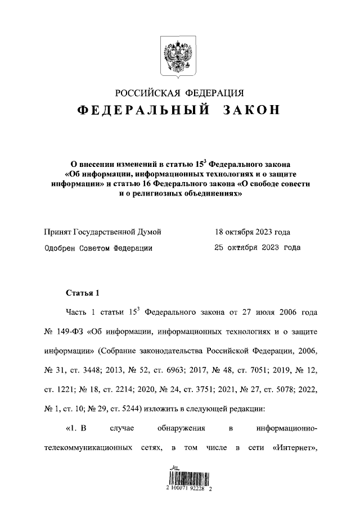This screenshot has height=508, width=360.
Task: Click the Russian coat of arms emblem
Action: point(179,55)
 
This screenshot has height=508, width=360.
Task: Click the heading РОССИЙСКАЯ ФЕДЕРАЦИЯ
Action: point(179,93)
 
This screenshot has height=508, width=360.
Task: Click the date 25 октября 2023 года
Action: point(257,247)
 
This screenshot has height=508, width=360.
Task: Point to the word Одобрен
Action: point(60,247)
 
